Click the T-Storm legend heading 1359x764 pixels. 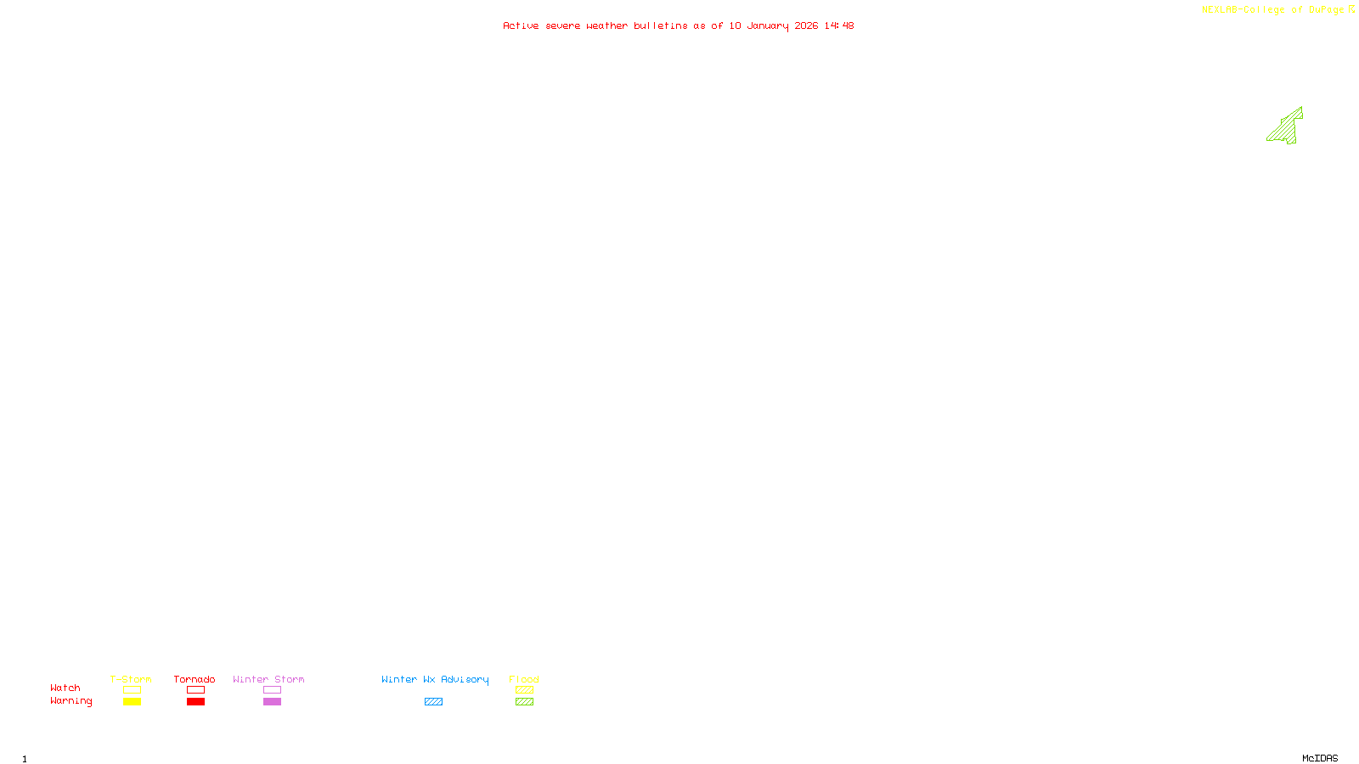point(131,679)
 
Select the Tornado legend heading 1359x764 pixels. point(195,679)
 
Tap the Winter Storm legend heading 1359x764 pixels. point(268,679)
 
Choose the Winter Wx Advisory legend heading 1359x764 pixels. point(435,679)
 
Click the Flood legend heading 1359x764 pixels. point(524,679)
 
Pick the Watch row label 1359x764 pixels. point(65,688)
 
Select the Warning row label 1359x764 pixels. point(71,701)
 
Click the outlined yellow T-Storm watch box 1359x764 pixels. point(132,690)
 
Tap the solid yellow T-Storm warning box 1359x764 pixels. point(132,702)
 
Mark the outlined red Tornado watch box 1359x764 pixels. point(195,690)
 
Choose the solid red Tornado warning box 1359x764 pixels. point(195,702)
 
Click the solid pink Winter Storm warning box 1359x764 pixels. point(272,702)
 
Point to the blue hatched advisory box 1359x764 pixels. point(433,702)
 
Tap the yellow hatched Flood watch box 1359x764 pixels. point(524,690)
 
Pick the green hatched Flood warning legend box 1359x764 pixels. point(524,702)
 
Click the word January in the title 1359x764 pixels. point(767,26)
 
